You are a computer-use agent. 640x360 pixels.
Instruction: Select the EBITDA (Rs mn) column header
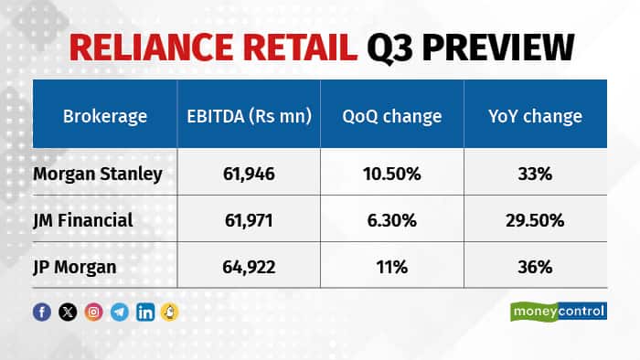click(x=245, y=116)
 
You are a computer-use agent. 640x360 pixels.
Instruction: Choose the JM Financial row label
click(x=81, y=221)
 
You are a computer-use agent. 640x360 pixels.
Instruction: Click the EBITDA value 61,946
click(x=245, y=175)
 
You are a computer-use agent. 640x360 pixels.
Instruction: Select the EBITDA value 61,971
click(x=245, y=221)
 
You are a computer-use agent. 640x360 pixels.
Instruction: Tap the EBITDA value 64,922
click(x=245, y=267)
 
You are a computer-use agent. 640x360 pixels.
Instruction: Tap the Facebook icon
click(x=42, y=312)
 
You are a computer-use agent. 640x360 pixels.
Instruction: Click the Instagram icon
click(x=93, y=312)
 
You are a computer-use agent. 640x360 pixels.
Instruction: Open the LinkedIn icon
click(x=144, y=312)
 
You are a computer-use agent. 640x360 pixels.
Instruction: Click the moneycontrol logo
click(x=558, y=312)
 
